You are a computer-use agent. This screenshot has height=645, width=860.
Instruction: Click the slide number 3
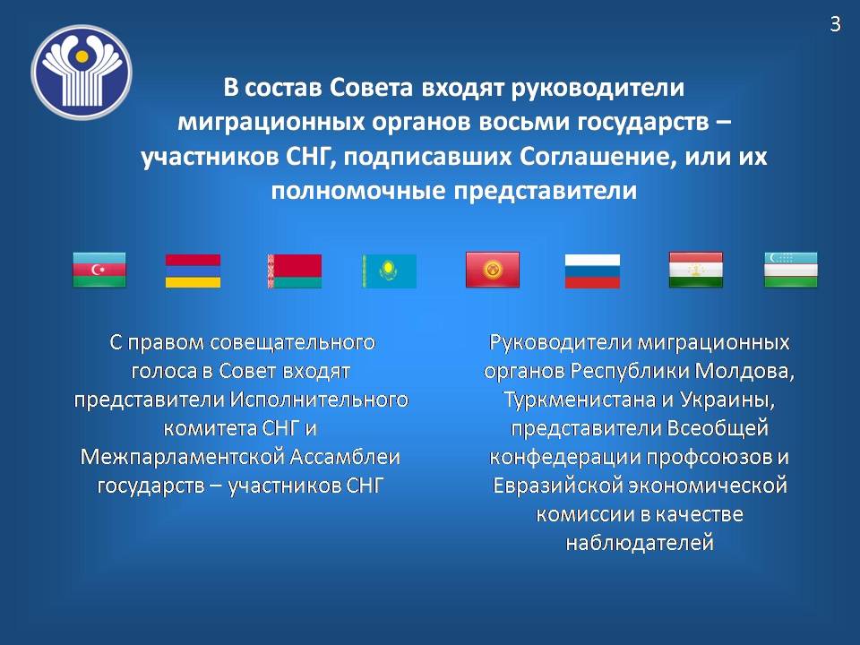pos(835,24)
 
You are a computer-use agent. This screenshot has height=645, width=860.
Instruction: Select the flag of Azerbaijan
pos(99,270)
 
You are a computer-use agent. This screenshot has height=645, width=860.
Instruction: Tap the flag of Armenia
pos(193,271)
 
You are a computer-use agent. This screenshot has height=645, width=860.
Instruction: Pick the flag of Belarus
pos(294,271)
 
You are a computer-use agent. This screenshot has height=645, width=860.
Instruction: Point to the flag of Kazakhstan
pos(389,271)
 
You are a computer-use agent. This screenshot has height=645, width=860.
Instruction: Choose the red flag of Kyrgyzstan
pos(492,270)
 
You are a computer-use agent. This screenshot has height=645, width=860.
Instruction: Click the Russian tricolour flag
pos(591,271)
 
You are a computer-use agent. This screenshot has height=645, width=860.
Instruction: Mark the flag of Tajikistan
pos(696,270)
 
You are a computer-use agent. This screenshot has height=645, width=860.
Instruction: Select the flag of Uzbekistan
pos(791,270)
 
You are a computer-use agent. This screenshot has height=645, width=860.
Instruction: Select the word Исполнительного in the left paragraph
pos(325,399)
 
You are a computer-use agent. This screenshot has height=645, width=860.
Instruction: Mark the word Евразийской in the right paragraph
pos(554,486)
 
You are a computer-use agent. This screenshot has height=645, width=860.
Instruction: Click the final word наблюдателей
pos(640,544)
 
